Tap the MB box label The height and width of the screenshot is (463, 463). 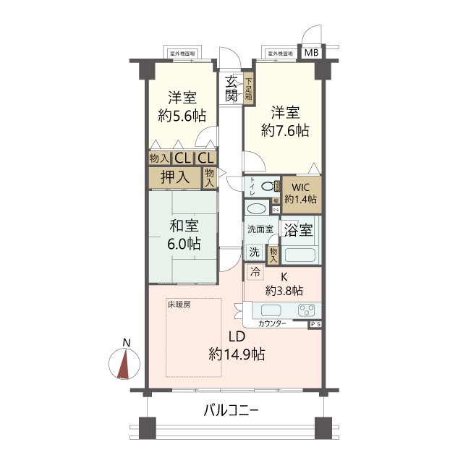coord(310,53)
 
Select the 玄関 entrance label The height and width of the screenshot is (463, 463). coord(231,88)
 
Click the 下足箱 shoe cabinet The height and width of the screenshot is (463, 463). coord(248,88)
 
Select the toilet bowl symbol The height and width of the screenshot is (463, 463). coord(268,187)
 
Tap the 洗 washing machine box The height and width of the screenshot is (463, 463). coord(254,252)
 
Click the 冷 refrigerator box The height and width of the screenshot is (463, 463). coord(255,272)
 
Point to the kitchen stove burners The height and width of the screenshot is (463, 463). coord(306,311)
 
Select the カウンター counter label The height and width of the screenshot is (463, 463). coord(272,323)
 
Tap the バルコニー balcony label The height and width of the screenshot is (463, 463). coord(231,411)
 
